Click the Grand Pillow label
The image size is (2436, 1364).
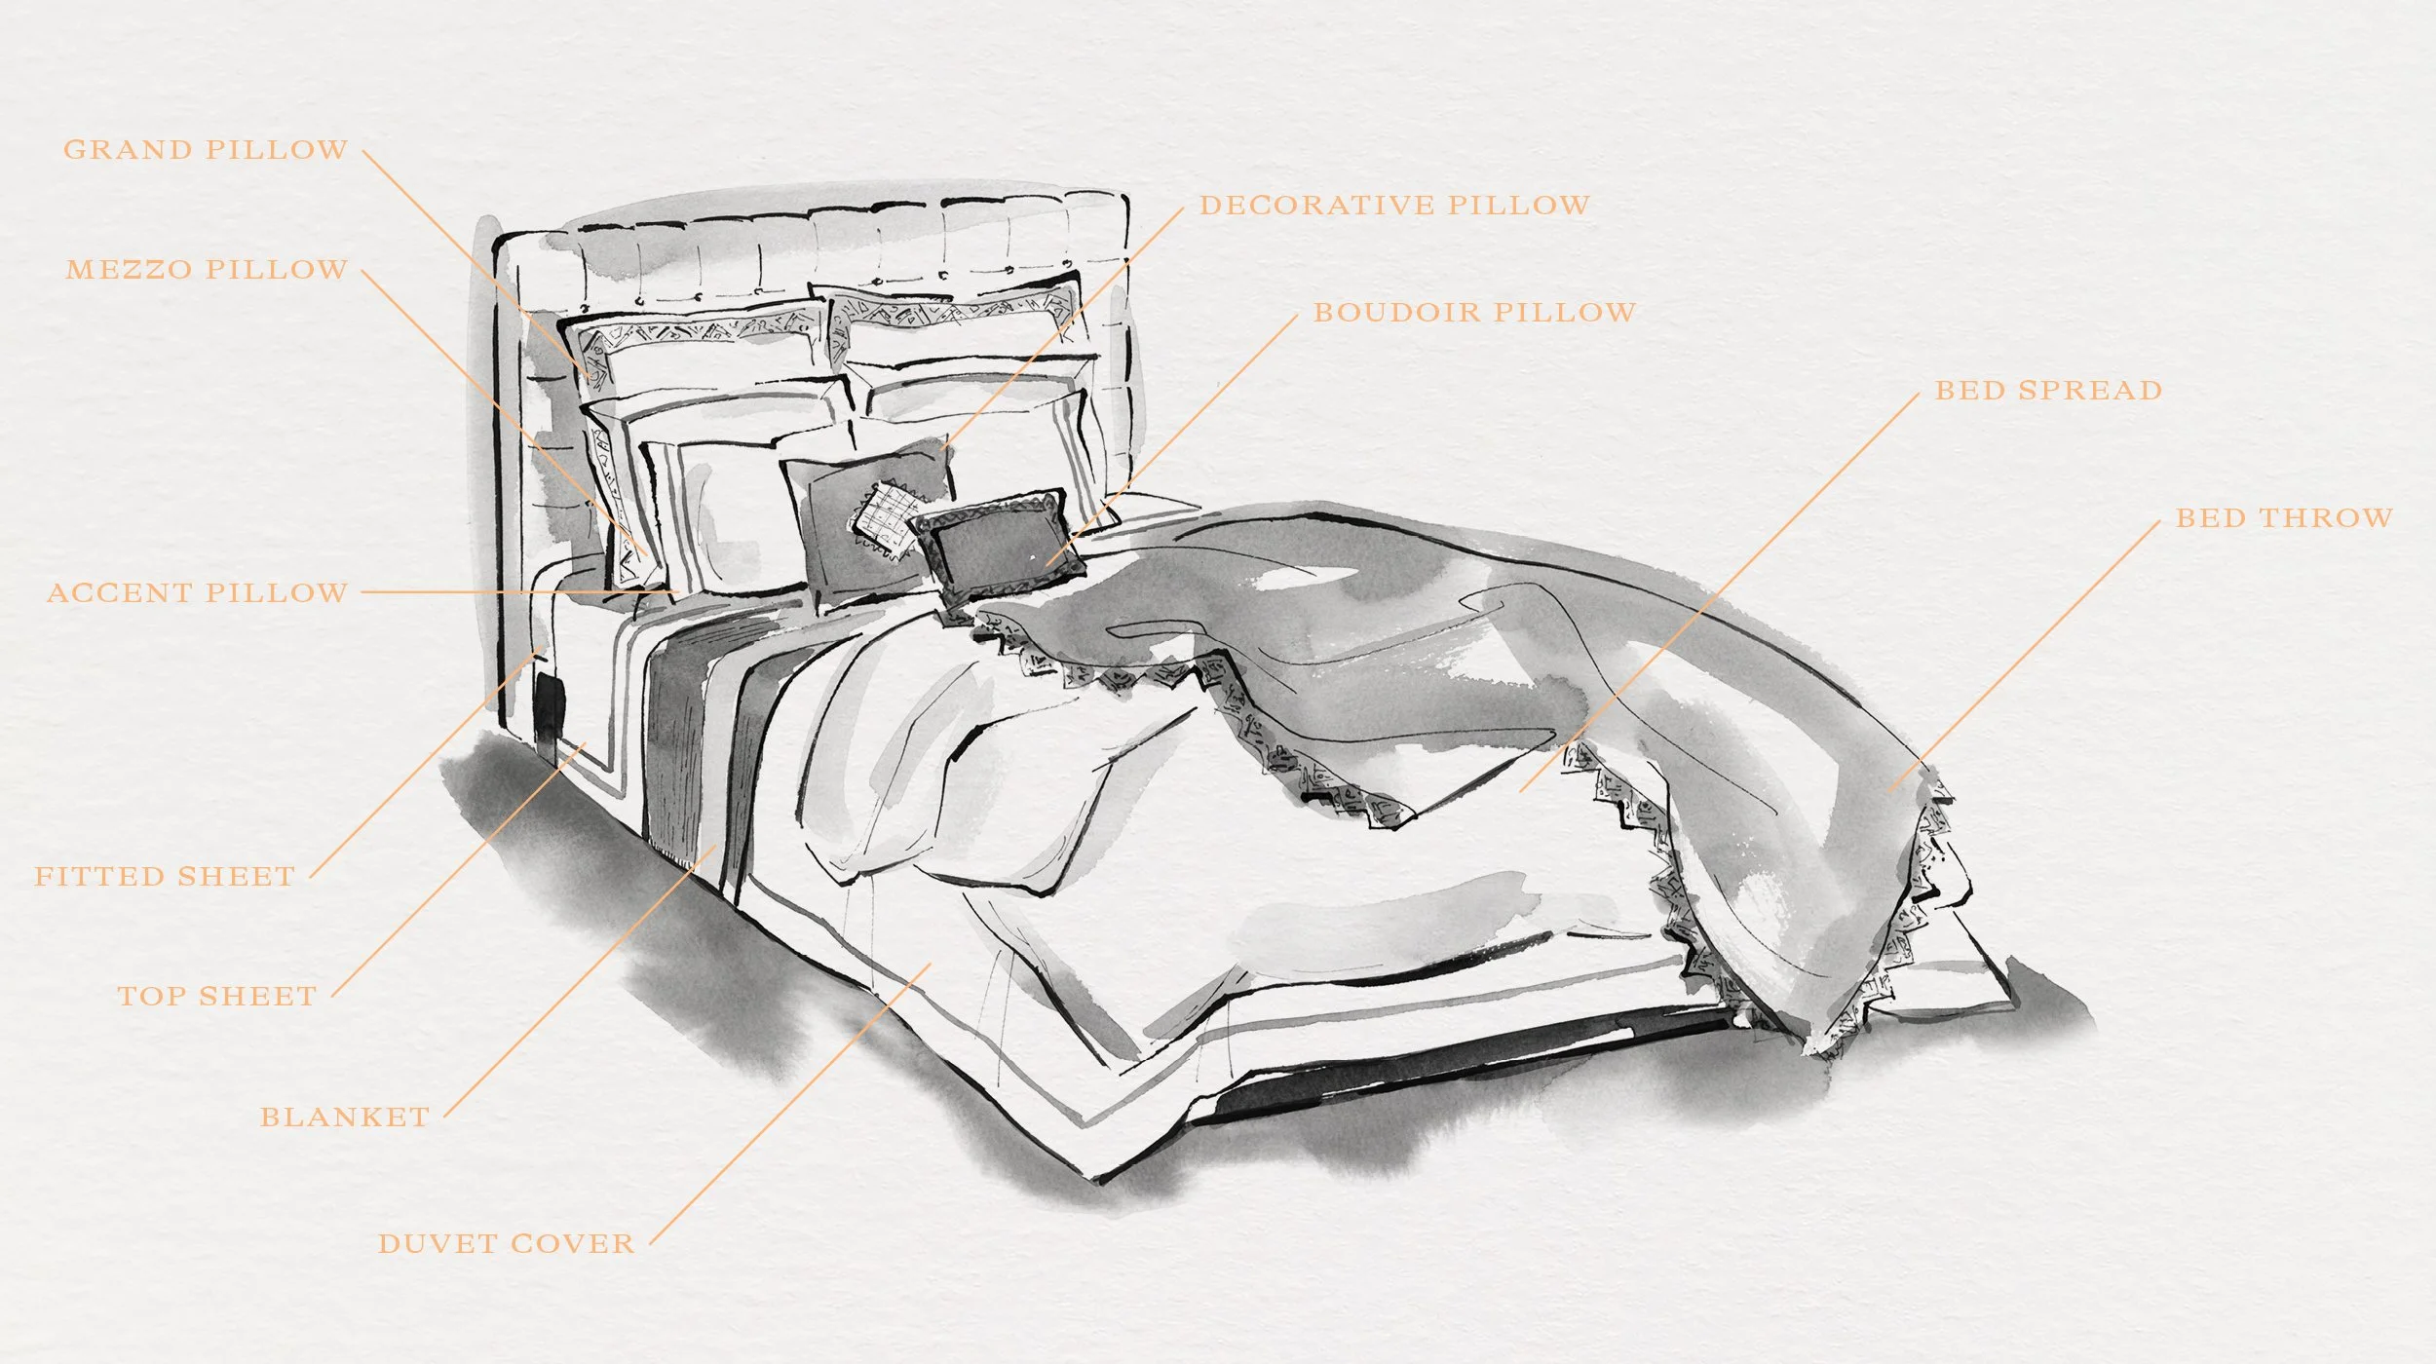pos(206,150)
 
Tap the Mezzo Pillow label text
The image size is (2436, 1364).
pos(207,270)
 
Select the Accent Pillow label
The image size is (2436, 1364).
pos(197,592)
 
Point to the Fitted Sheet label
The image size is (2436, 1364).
pos(165,877)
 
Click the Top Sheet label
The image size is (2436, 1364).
pos(217,997)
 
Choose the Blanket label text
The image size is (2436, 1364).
pos(344,1117)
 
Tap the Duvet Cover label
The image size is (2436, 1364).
pos(506,1244)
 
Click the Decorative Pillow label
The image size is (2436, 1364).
pos(1393,206)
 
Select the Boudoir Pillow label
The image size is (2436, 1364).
pos(1474,313)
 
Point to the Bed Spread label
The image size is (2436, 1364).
pos(2048,391)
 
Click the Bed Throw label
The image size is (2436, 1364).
pos(2284,518)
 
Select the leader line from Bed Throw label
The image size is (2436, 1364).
pos(2027,653)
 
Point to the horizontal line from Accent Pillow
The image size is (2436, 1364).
pos(516,591)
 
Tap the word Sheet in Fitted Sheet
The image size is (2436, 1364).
pos(237,877)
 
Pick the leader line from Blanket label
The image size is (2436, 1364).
pos(580,982)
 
